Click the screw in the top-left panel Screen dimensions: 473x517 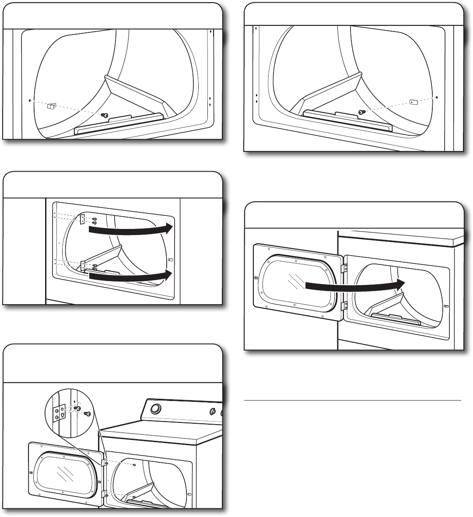click(x=105, y=115)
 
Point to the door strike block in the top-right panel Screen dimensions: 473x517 click(x=414, y=102)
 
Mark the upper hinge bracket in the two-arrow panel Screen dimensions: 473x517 click(x=82, y=219)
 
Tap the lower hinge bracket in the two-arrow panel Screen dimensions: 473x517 click(x=83, y=266)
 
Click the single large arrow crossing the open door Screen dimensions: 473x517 click(x=354, y=285)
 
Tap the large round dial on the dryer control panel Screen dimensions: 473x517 click(x=154, y=409)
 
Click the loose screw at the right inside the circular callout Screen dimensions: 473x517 click(x=87, y=414)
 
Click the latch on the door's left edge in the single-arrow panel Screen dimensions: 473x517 click(x=256, y=278)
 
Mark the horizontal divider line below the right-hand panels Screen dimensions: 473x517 click(x=352, y=400)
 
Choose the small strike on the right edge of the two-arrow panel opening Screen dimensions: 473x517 click(x=171, y=260)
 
